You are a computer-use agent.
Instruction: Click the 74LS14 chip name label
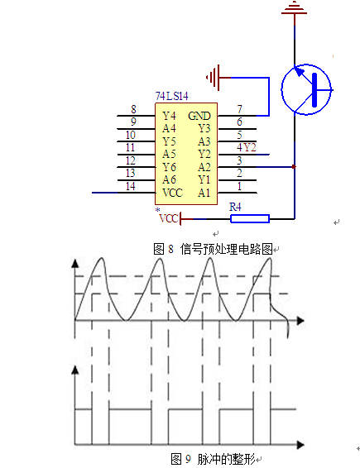click(x=172, y=96)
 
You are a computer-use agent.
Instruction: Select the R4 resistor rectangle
click(x=250, y=219)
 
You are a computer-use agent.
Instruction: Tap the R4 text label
click(x=235, y=207)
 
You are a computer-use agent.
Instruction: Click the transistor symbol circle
click(x=306, y=89)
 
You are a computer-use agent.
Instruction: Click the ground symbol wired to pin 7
click(x=213, y=78)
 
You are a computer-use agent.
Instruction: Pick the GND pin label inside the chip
click(x=199, y=116)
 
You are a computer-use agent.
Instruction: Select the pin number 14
click(x=130, y=186)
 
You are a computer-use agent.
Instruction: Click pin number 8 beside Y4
click(x=133, y=109)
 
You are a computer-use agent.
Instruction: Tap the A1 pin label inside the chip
click(x=204, y=193)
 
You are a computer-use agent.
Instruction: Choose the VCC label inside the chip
click(x=172, y=193)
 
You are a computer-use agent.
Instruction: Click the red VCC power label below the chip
click(x=169, y=218)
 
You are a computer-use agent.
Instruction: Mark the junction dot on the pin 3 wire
click(x=294, y=167)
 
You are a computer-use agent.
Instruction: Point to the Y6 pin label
click(x=169, y=167)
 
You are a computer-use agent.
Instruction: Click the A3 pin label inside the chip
click(x=204, y=141)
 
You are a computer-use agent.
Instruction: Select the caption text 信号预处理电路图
click(x=227, y=249)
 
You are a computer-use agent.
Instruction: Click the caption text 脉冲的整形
click(x=226, y=459)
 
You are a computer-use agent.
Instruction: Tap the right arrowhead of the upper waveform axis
click(x=300, y=321)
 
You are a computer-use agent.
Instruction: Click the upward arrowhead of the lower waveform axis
click(x=75, y=370)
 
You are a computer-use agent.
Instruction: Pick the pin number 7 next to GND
click(x=239, y=109)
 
